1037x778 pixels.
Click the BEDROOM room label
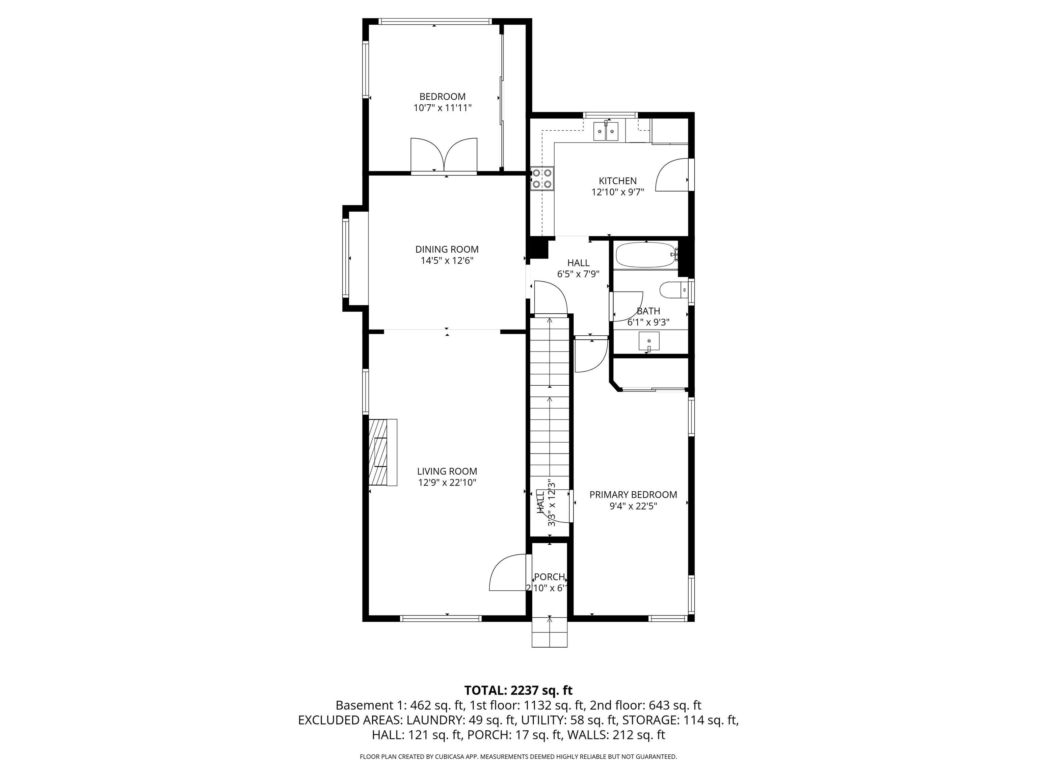(x=442, y=97)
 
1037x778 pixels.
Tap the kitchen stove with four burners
(x=541, y=179)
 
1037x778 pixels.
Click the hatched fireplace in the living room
(x=382, y=452)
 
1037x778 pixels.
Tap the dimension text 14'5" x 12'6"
(x=447, y=261)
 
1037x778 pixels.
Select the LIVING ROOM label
(x=447, y=471)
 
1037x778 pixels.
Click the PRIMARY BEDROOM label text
(x=633, y=494)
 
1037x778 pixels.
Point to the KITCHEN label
(x=617, y=181)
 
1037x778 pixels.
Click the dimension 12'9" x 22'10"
(x=447, y=483)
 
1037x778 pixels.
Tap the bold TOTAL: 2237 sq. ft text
(x=518, y=690)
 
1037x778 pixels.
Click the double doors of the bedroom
(x=444, y=156)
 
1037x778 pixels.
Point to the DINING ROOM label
(x=447, y=250)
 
